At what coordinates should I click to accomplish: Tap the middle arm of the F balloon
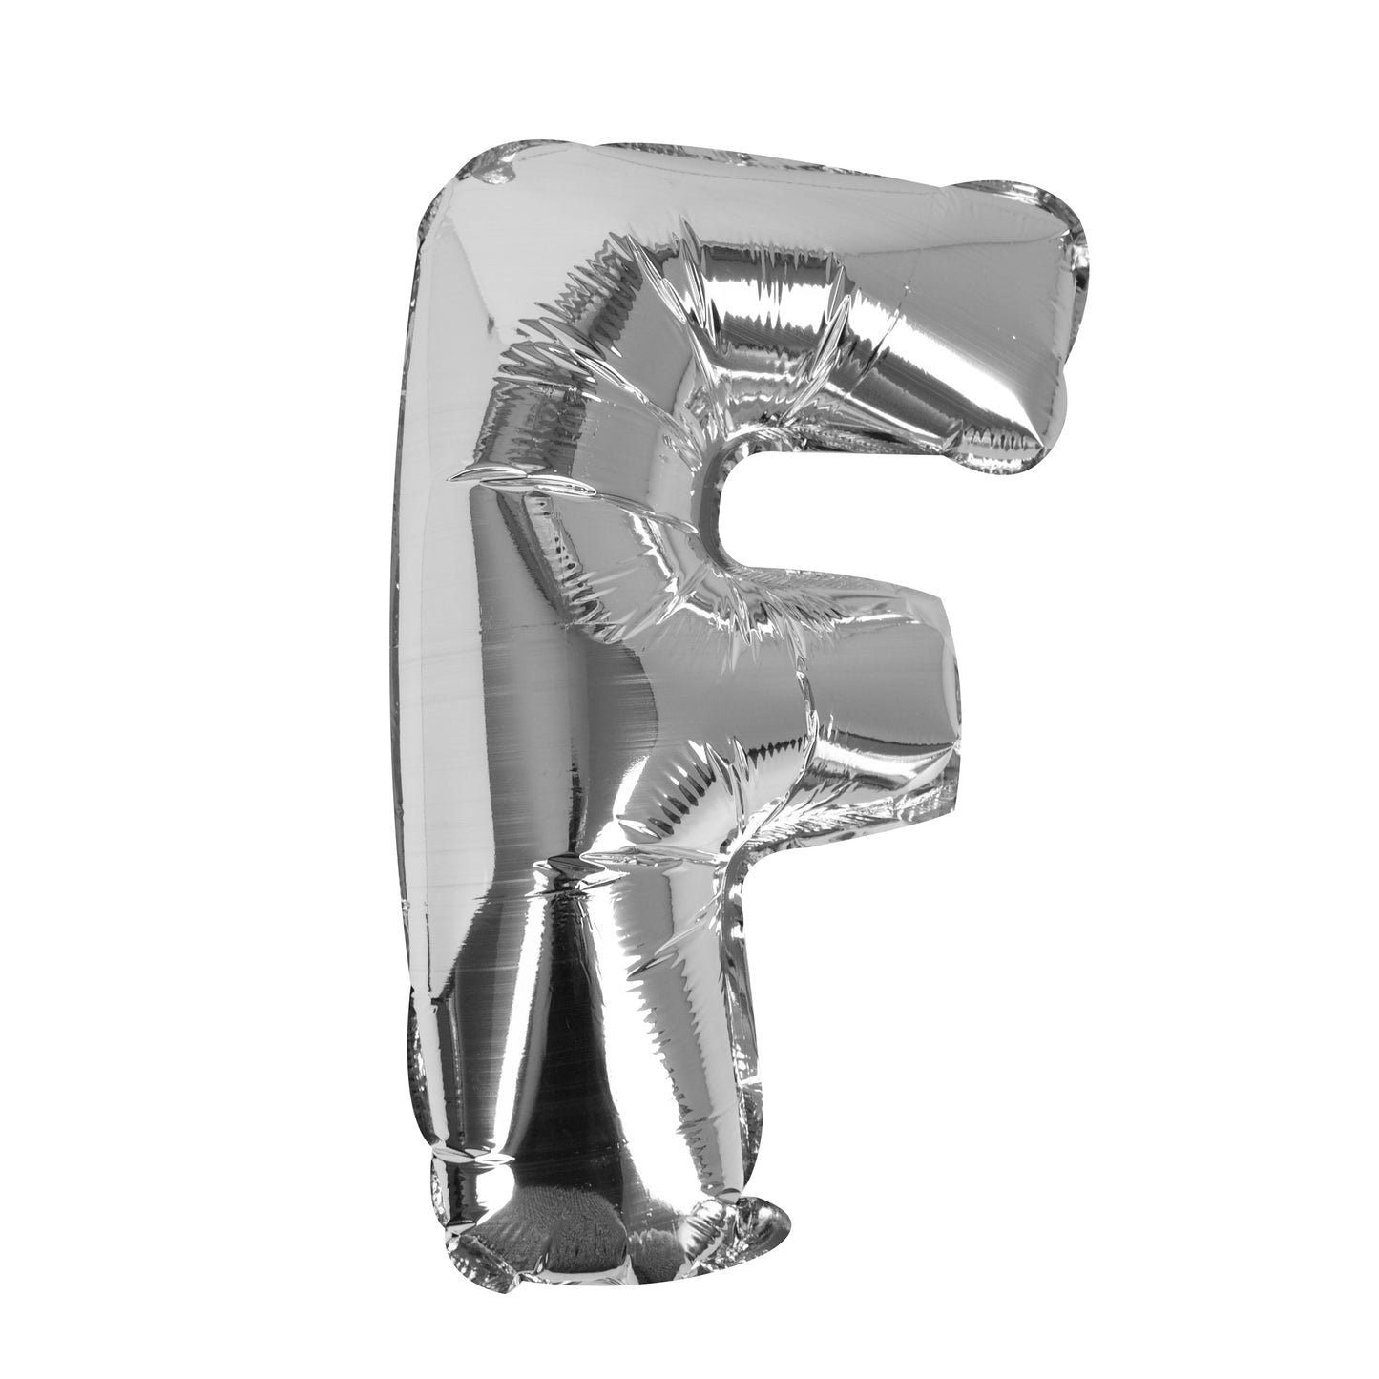click(859, 706)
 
